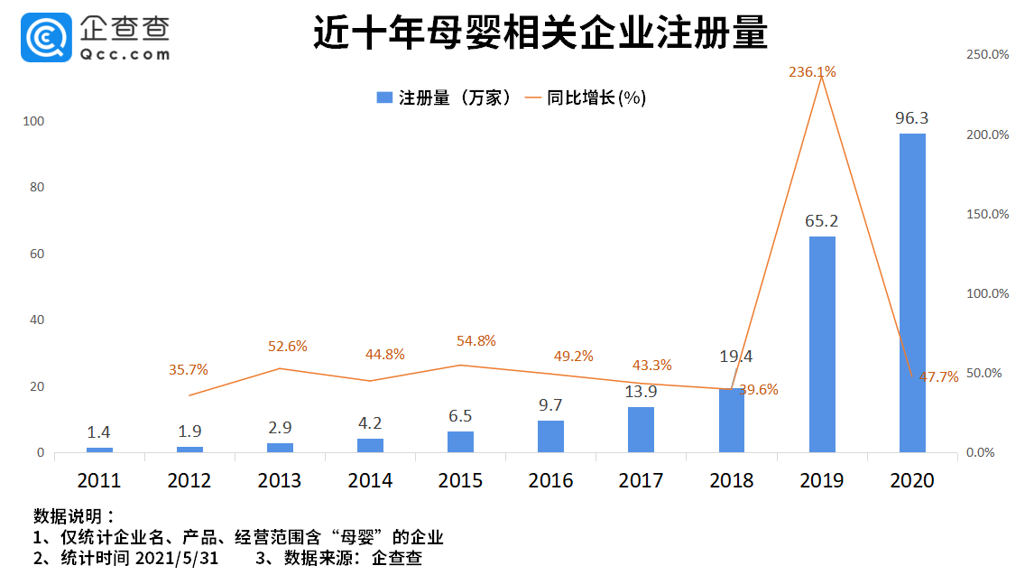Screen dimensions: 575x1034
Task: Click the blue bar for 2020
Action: [x=912, y=292]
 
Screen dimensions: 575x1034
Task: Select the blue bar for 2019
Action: [x=822, y=344]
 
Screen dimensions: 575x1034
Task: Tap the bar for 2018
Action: [x=732, y=420]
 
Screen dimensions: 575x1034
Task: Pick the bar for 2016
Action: [x=550, y=436]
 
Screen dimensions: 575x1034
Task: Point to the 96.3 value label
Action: [x=911, y=118]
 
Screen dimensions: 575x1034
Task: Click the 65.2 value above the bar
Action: [x=822, y=220]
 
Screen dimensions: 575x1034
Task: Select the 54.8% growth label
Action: [x=476, y=341]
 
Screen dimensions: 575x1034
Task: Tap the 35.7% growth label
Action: [x=189, y=369]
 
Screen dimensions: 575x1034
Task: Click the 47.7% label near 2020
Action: [x=939, y=377]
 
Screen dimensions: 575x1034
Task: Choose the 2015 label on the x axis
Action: [x=460, y=481]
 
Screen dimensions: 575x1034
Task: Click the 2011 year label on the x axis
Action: [x=98, y=481]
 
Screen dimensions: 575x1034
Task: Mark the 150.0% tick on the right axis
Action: [x=987, y=214]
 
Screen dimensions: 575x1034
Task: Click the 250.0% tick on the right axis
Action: [x=987, y=54]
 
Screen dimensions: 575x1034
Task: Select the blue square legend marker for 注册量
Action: [x=384, y=97]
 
